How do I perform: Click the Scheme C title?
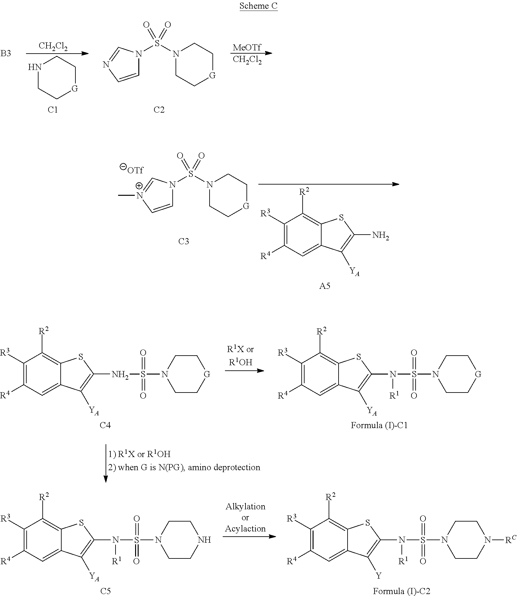[258, 6]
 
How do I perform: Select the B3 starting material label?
[5, 53]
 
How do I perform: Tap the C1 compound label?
[53, 110]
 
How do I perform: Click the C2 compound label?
[159, 110]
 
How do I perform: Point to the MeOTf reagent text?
[247, 48]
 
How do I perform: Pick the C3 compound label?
[184, 241]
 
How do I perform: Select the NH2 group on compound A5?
[381, 236]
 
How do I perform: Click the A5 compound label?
[324, 286]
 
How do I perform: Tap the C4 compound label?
[105, 425]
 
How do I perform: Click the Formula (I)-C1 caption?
[379, 425]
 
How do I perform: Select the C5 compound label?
[105, 591]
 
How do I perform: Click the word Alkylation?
[246, 506]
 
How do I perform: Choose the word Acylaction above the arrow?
[246, 529]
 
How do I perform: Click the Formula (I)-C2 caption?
[401, 591]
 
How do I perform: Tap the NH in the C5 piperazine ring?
[205, 540]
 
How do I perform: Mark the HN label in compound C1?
[35, 67]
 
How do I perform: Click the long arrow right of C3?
[329, 184]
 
